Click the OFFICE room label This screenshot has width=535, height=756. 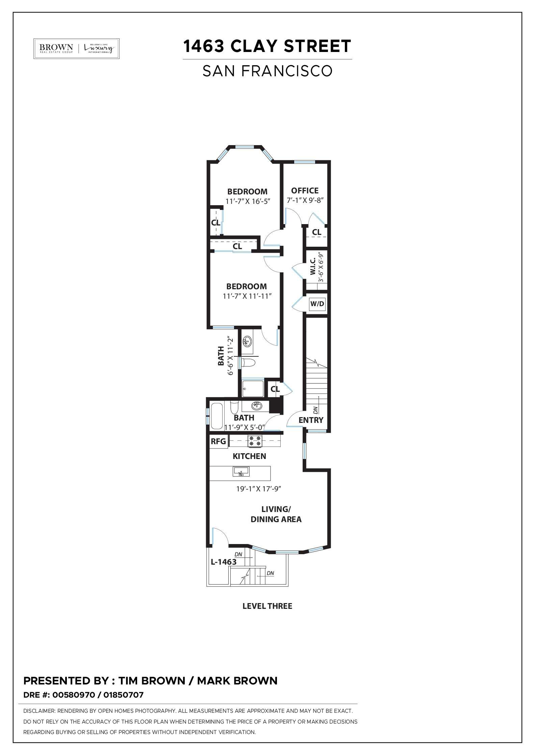305,191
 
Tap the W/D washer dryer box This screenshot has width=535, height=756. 317,304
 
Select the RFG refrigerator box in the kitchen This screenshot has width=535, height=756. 218,441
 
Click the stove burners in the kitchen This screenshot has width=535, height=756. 255,441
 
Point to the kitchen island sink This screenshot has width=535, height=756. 241,472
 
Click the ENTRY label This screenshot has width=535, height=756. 311,420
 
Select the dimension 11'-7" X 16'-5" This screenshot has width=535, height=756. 248,201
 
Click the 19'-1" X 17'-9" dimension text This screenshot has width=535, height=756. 259,489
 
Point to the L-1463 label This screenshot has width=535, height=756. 224,562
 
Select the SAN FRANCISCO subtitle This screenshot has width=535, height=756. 267,71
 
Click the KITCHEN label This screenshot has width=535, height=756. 249,456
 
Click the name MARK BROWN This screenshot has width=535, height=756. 237,681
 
